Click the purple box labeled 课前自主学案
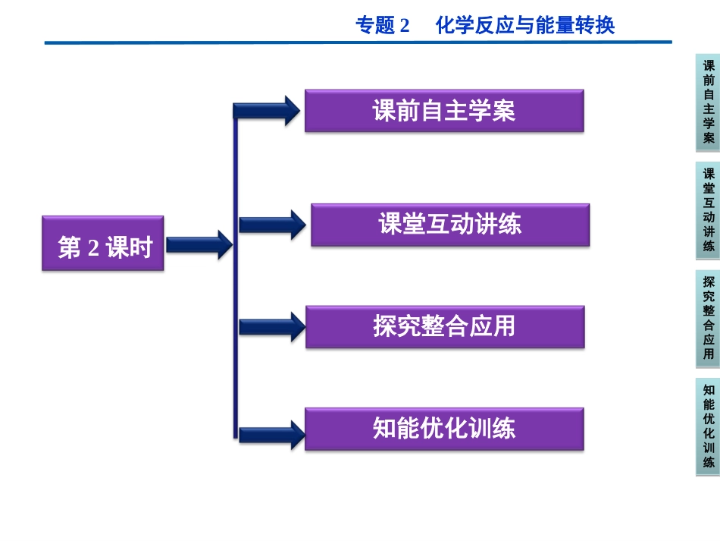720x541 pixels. (444, 111)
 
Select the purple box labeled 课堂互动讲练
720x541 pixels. (450, 225)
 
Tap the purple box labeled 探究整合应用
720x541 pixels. (445, 326)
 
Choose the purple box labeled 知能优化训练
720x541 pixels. (444, 429)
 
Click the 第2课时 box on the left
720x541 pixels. (102, 244)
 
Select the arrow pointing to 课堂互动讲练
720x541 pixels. (271, 225)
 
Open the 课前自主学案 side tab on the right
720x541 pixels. (708, 102)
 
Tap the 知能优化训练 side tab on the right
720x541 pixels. (708, 426)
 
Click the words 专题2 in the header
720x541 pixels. (382, 26)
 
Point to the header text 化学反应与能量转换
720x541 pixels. (525, 26)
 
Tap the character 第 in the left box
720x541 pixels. (70, 247)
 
